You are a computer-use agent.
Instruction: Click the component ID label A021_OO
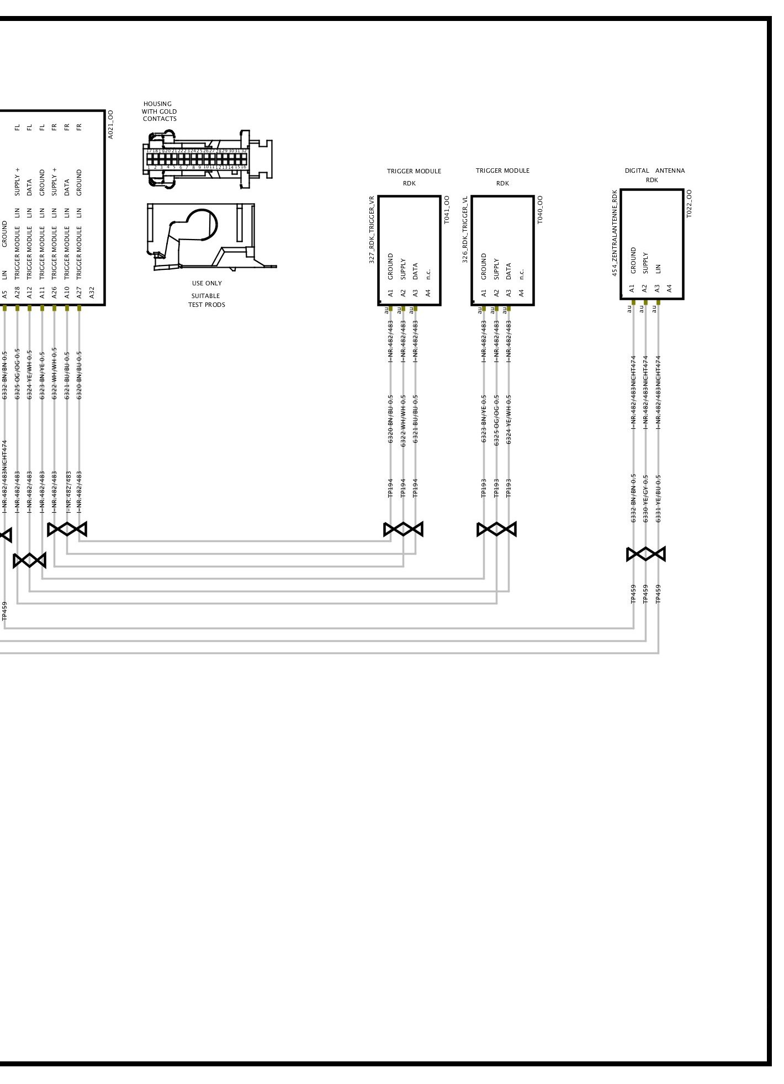click(x=110, y=124)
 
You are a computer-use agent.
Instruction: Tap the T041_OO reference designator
click(x=447, y=210)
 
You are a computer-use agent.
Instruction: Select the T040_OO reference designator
click(x=540, y=210)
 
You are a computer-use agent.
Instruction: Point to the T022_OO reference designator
click(x=689, y=204)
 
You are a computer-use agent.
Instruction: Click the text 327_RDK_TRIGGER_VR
click(x=372, y=230)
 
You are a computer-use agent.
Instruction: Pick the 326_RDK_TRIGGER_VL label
click(x=465, y=230)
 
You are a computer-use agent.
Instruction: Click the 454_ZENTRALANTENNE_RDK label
click(x=615, y=233)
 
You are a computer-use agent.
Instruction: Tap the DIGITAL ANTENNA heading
click(x=654, y=171)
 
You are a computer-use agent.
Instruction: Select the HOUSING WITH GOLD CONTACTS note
click(x=159, y=111)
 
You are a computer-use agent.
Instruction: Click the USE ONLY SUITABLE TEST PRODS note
click(x=206, y=294)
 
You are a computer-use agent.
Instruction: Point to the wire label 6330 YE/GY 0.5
click(x=645, y=498)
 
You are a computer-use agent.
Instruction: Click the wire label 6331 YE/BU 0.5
click(x=658, y=498)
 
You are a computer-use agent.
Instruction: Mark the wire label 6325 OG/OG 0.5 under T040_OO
click(x=496, y=419)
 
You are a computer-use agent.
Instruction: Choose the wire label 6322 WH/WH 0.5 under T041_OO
click(x=403, y=419)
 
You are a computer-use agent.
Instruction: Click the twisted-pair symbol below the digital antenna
click(x=645, y=554)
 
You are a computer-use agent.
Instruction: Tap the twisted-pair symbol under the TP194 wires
click(x=403, y=529)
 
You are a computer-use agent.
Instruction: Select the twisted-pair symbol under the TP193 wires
click(x=496, y=529)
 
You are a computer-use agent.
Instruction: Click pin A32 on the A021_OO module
click(x=92, y=292)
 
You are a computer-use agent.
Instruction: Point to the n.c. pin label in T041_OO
click(x=428, y=273)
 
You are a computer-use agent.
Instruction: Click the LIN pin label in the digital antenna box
click(x=658, y=269)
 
